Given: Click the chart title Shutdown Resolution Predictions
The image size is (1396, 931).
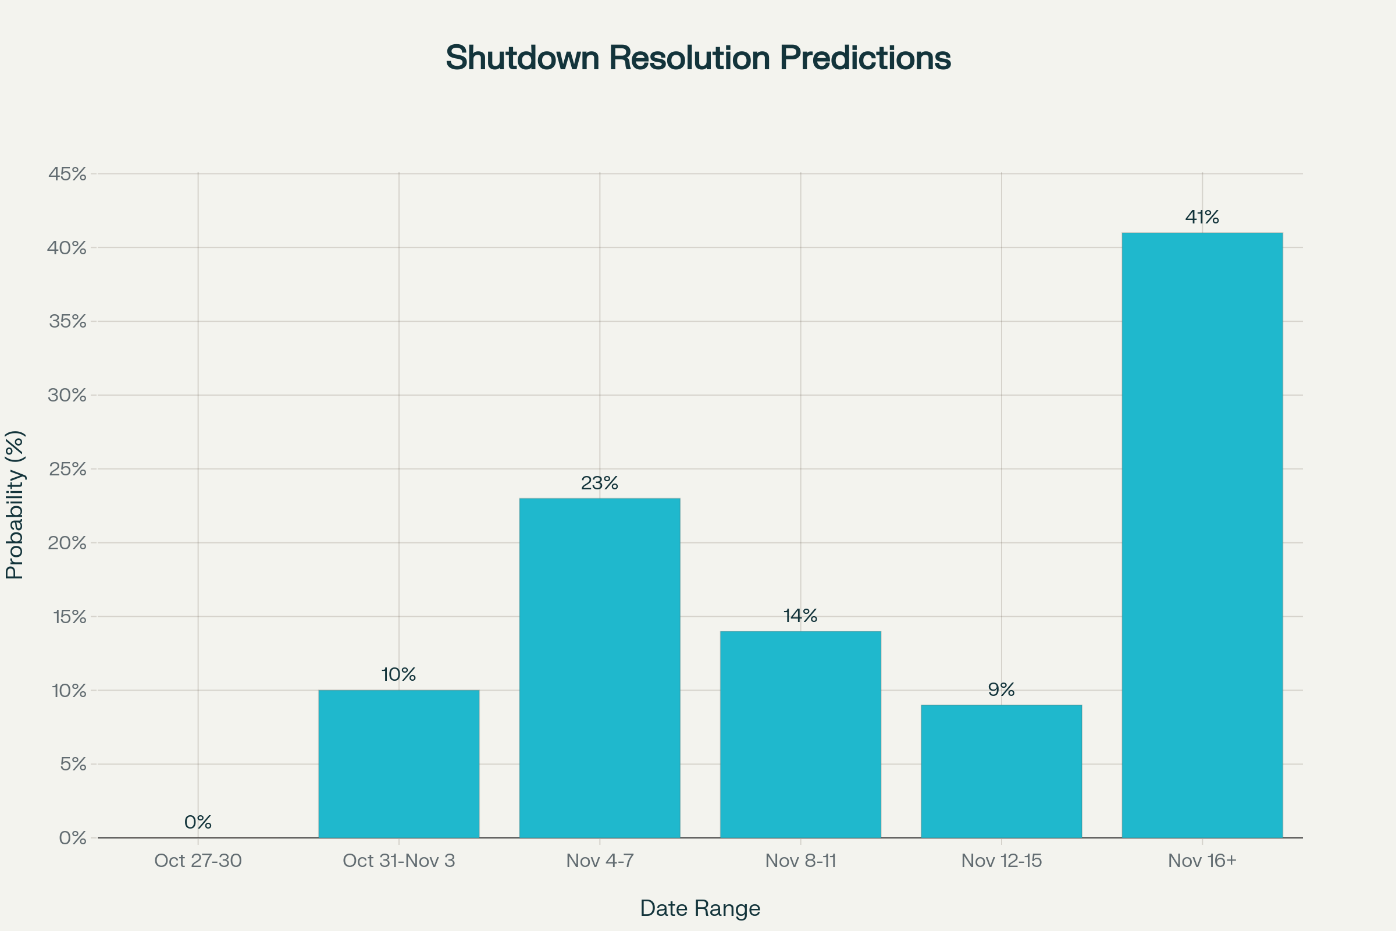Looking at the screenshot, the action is tap(698, 58).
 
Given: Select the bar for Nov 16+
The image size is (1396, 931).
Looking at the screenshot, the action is tap(1202, 535).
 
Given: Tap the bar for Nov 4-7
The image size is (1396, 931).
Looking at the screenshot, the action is tap(600, 668).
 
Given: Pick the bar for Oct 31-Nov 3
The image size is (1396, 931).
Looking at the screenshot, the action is tap(399, 763).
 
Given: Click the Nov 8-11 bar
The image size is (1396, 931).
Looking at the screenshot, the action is tap(801, 734).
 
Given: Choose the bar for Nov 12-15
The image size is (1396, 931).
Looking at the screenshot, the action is tap(1001, 772).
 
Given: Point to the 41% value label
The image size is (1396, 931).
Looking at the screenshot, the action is tap(1202, 217).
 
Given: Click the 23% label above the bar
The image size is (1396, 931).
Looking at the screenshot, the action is tap(600, 484).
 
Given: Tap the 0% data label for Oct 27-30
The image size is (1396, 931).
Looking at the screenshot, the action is tap(198, 822).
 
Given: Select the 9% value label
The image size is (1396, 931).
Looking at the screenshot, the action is tap(1001, 690).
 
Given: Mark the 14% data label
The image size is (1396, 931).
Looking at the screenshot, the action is tap(801, 616).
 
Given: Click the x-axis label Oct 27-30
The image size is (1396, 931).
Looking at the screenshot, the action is tap(198, 861).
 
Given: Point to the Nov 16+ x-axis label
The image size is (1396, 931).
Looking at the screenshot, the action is tap(1202, 861).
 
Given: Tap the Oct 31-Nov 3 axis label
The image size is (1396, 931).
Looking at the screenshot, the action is tap(399, 861).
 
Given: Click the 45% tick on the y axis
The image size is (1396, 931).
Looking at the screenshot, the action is tap(67, 174).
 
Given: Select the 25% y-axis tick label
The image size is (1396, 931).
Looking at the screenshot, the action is tap(67, 469).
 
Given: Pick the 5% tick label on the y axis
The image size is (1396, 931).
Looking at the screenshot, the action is tap(73, 764).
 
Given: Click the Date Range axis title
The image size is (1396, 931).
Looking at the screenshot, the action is tap(700, 908).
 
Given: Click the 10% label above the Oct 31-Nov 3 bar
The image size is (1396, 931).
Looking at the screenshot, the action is tap(399, 674).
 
